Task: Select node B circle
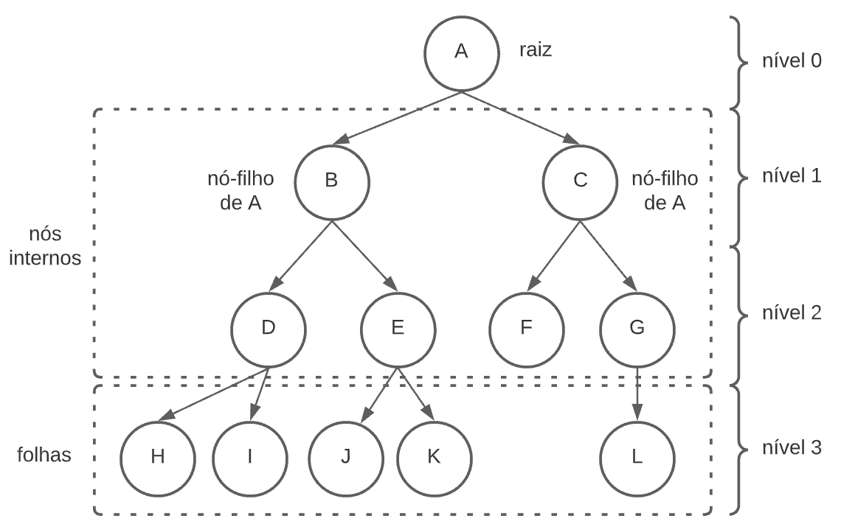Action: click(331, 181)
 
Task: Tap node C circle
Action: click(580, 181)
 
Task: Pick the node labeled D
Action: click(268, 328)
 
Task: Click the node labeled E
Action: click(397, 328)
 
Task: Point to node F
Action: click(526, 328)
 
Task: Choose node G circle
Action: click(637, 328)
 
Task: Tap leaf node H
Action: click(158, 456)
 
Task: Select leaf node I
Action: click(250, 456)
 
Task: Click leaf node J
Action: click(345, 456)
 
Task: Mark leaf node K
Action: click(434, 456)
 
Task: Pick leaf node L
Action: click(637, 456)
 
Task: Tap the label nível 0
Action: click(792, 61)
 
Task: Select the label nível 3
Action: click(792, 447)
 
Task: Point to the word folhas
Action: click(44, 455)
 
